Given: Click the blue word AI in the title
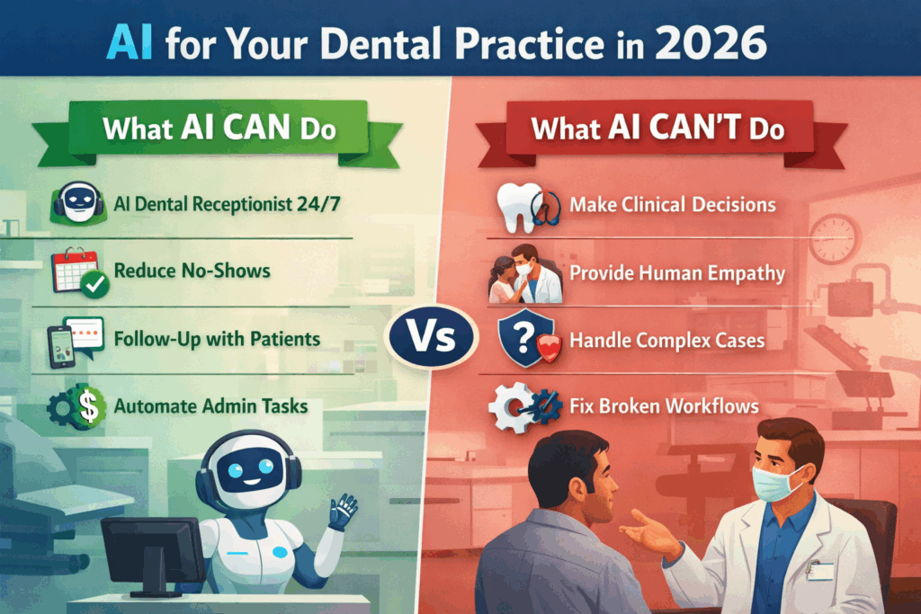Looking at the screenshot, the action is pos(130,43).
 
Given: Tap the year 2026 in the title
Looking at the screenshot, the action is pos(711,43).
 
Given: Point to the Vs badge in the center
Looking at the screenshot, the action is pos(432,336).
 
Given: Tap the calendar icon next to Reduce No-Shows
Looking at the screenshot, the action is pos(79,271).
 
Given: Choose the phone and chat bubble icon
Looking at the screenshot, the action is pos(76,342).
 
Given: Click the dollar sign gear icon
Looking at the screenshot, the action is pos(77,407).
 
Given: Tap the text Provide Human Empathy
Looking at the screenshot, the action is pos(677,273).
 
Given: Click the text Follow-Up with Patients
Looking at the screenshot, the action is pos(217,339).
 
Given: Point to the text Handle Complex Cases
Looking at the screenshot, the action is pos(667,341).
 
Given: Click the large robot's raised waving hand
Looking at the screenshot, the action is pos(343,510).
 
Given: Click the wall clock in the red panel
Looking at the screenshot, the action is pos(834,239).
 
